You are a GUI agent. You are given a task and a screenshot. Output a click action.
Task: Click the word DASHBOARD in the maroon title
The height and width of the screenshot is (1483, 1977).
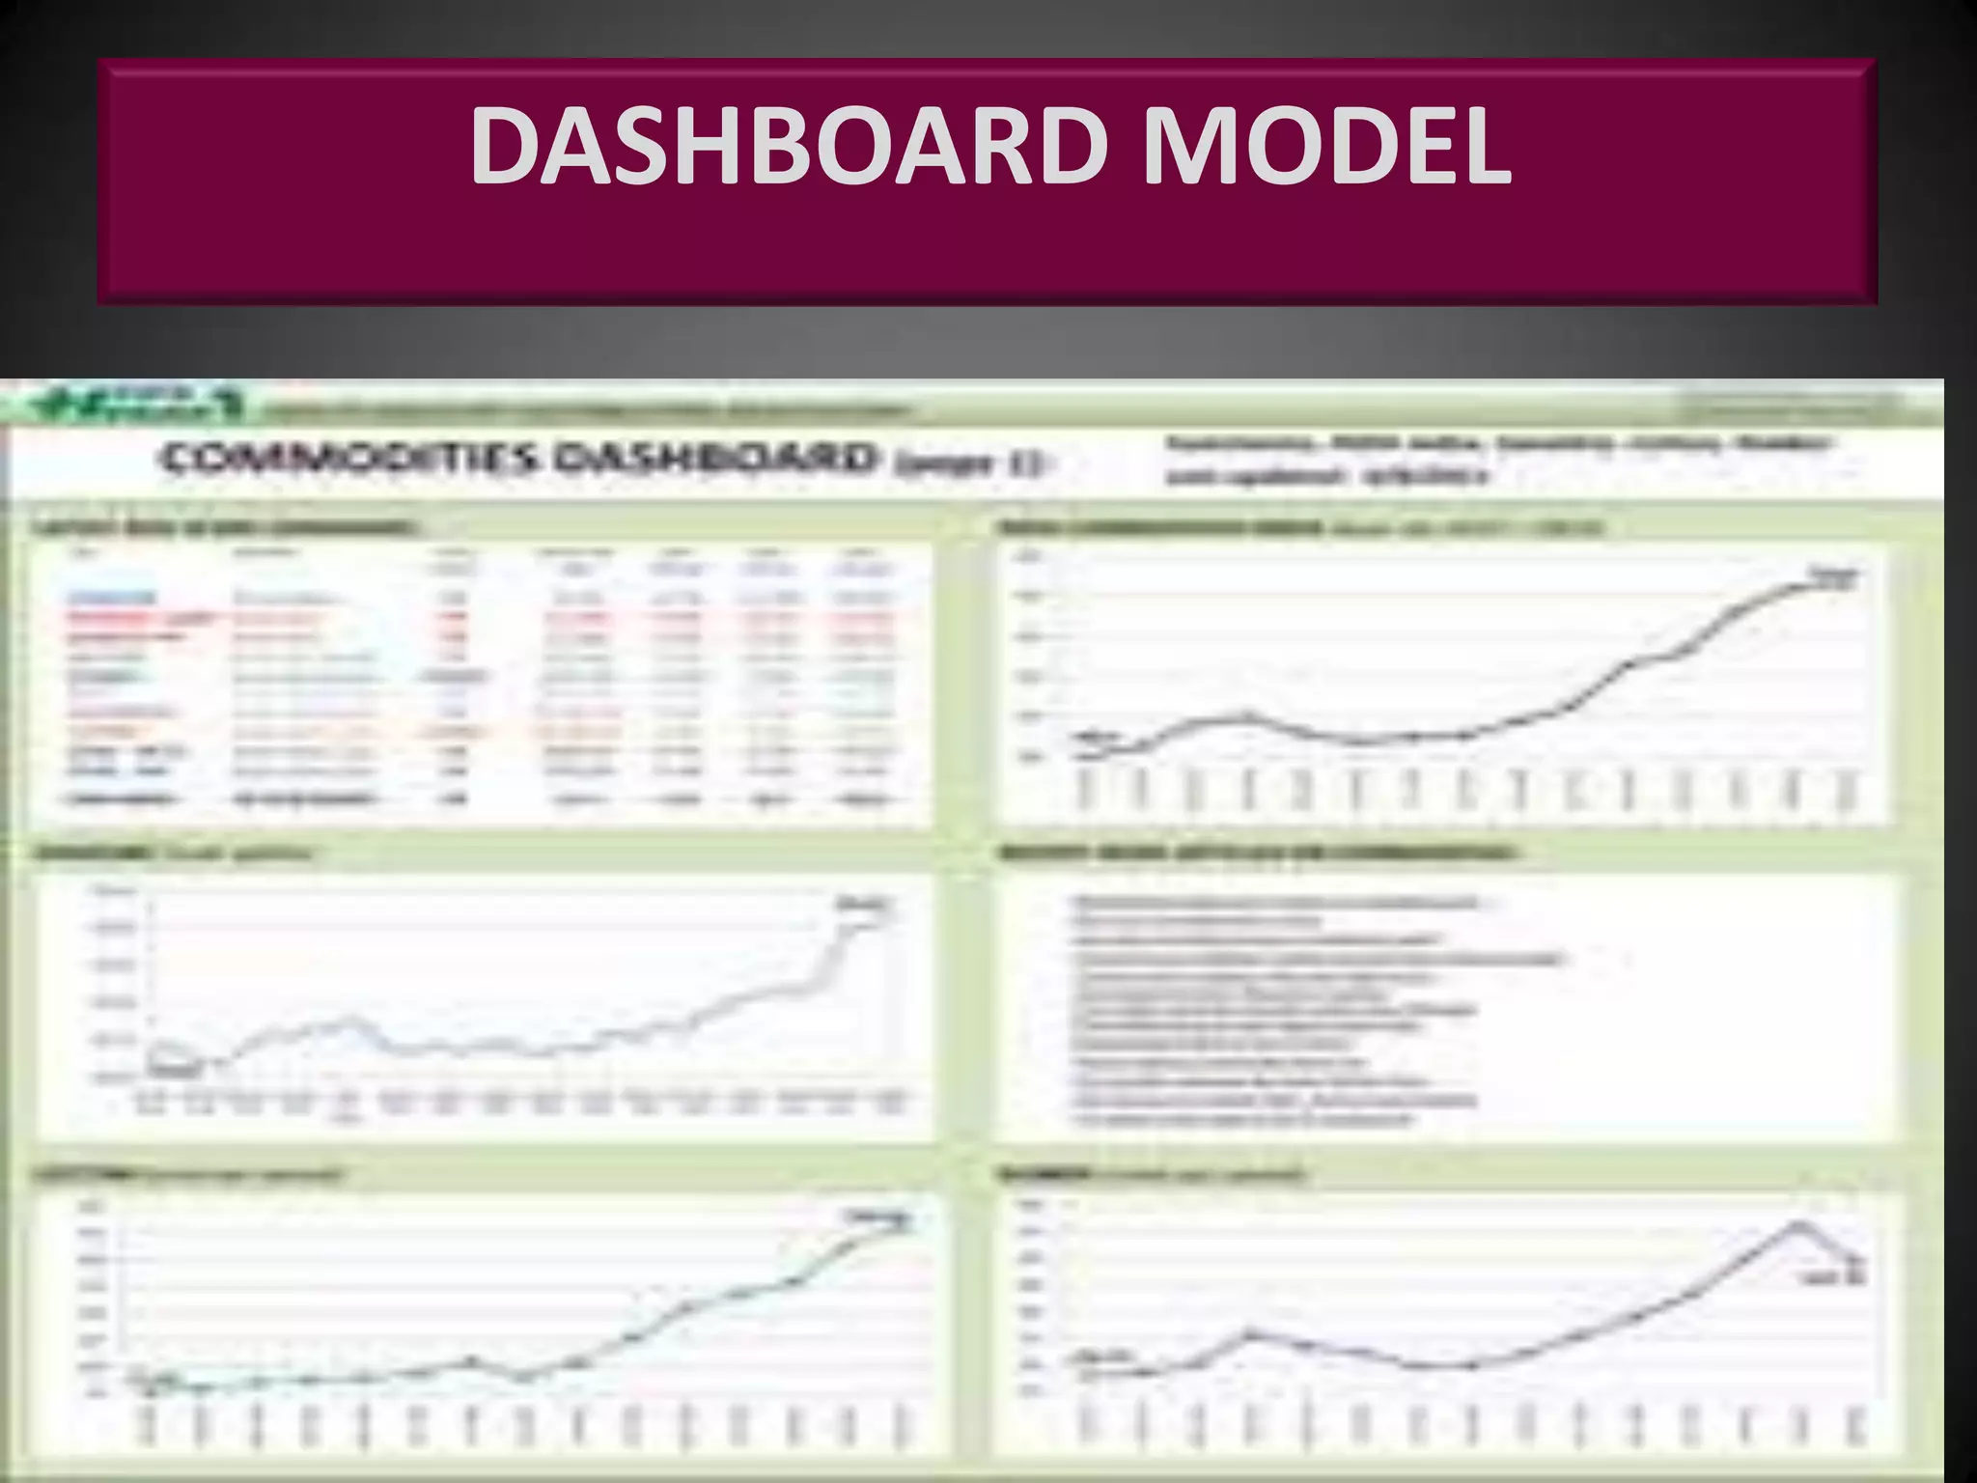coord(788,147)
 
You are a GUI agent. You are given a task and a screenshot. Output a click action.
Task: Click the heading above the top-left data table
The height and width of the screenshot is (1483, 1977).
coord(227,528)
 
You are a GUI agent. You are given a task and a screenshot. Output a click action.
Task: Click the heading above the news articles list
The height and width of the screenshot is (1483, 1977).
coord(1255,853)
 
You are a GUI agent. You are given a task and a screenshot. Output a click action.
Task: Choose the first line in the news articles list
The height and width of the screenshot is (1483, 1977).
coord(1274,903)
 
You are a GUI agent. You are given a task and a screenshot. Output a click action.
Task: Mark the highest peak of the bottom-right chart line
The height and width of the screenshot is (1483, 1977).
coord(1797,1224)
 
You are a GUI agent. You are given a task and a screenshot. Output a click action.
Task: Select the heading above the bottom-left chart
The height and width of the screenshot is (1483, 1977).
coord(188,1175)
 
